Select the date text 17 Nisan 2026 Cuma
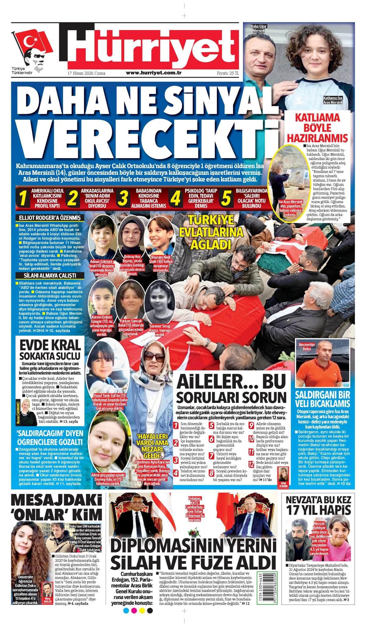[86, 73]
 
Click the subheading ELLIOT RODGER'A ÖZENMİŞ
[49, 218]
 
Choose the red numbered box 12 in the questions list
[251, 465]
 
